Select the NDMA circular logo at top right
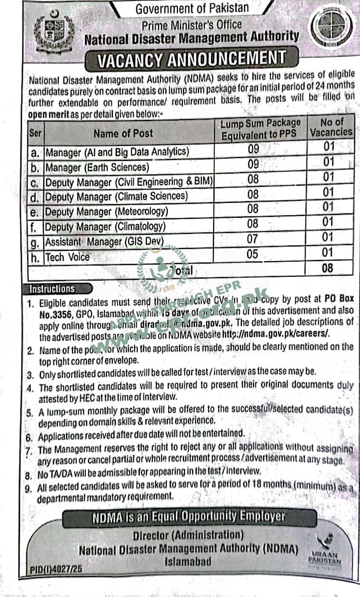tap(329, 29)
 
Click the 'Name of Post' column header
tap(123, 133)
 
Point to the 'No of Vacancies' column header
tap(332, 127)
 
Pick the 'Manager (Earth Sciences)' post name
tap(97, 168)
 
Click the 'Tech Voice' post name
tap(68, 257)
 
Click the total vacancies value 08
tap(327, 268)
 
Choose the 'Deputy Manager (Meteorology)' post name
tap(107, 212)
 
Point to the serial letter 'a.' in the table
tap(35, 153)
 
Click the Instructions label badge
tap(52, 289)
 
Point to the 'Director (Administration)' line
tap(188, 535)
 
